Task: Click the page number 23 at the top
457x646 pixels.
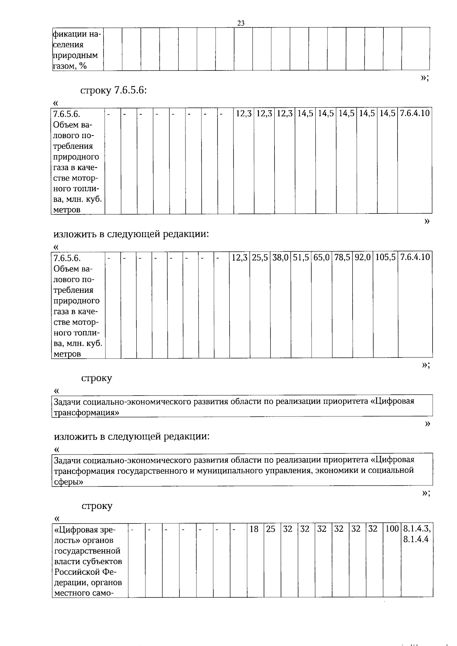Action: tap(241, 23)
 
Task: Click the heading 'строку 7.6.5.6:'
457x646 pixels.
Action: tap(113, 91)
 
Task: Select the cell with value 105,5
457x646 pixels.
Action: tap(385, 257)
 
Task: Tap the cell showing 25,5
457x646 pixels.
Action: tap(260, 257)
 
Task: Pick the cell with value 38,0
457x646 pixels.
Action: tap(280, 257)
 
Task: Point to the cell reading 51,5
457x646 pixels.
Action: tap(301, 257)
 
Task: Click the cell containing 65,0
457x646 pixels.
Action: tap(321, 257)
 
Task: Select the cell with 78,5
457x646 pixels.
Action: tap(342, 257)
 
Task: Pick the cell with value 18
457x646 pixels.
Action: tap(254, 529)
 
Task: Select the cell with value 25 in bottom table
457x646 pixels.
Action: tap(270, 529)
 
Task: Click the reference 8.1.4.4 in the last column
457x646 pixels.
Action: tap(416, 539)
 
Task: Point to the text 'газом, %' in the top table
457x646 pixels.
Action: tap(70, 66)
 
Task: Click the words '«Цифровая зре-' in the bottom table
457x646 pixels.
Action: tap(85, 530)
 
